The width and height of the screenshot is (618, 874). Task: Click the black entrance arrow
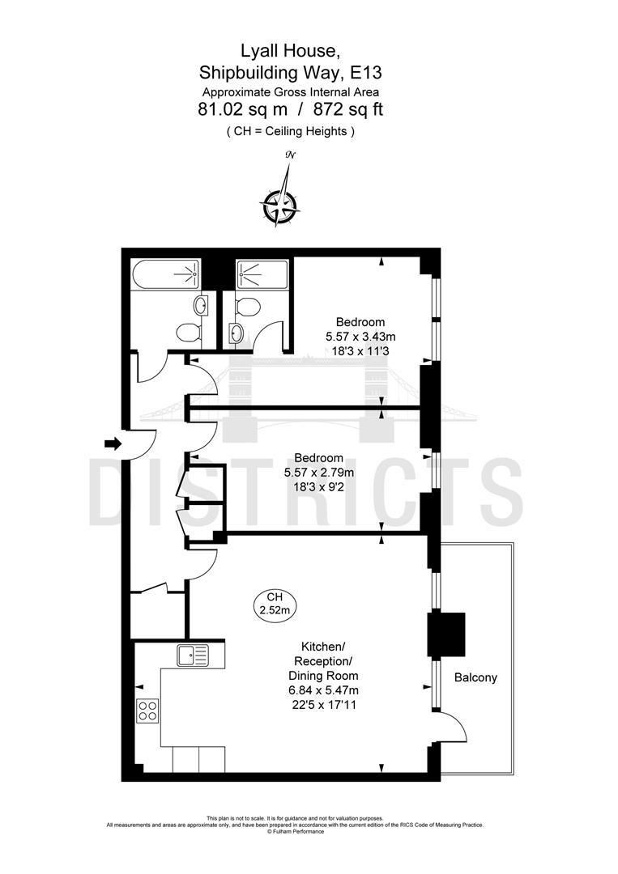tap(113, 443)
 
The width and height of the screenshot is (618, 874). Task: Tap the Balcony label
tap(475, 677)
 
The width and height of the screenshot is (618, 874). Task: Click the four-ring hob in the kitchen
tap(148, 711)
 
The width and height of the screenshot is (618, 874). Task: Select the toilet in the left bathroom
tap(189, 332)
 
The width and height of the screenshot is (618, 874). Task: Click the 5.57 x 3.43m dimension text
tap(361, 336)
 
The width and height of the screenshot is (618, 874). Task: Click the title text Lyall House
tap(289, 52)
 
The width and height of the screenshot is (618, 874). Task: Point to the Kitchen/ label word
tap(323, 646)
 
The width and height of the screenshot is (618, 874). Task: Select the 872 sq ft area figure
tap(342, 109)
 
